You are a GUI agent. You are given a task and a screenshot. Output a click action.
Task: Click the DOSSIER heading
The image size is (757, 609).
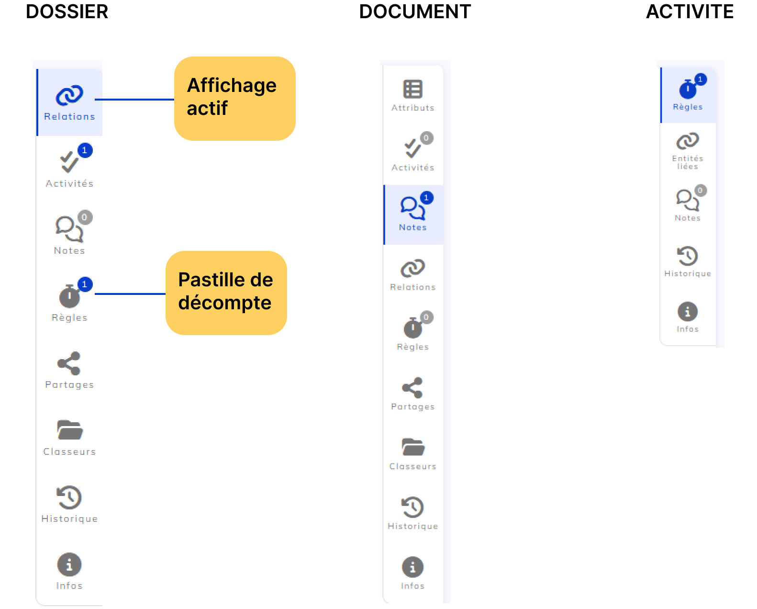tap(67, 11)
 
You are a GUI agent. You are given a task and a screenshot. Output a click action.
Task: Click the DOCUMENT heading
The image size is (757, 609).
tap(415, 11)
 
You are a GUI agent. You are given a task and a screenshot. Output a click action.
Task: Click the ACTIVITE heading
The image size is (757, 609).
tap(690, 11)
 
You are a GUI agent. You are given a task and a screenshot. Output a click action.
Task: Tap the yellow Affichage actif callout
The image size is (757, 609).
tap(234, 99)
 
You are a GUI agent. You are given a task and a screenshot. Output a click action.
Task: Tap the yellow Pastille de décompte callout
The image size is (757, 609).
tap(226, 293)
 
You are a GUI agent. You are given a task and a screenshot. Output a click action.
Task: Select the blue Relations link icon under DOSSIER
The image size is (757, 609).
tap(69, 95)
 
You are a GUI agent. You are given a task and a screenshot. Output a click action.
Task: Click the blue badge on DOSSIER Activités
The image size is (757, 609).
tap(85, 150)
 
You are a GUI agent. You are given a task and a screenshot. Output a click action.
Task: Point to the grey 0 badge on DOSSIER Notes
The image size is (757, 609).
tap(85, 217)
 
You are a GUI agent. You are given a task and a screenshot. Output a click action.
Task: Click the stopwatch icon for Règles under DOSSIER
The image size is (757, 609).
tap(69, 296)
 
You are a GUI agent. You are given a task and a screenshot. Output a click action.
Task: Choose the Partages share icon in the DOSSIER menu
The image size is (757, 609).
tap(69, 363)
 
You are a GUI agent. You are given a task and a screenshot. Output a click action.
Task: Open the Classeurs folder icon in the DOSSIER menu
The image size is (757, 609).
tap(70, 430)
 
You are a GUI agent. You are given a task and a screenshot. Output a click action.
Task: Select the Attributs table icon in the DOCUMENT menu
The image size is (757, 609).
tap(412, 89)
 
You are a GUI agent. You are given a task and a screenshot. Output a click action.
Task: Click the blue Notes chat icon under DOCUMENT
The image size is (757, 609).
tap(412, 208)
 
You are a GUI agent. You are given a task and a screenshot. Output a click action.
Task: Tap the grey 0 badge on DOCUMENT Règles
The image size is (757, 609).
tap(426, 317)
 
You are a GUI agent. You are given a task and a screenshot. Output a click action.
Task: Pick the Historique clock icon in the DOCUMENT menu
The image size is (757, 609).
tap(412, 507)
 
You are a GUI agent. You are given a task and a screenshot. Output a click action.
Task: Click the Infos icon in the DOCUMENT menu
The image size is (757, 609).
tap(412, 567)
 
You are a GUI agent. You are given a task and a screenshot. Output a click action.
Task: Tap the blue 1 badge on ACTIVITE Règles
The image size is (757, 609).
tap(701, 79)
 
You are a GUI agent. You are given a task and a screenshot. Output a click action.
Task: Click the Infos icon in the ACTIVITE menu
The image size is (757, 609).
tap(687, 312)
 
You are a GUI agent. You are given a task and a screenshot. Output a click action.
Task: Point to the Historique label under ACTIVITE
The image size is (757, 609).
tap(688, 273)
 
